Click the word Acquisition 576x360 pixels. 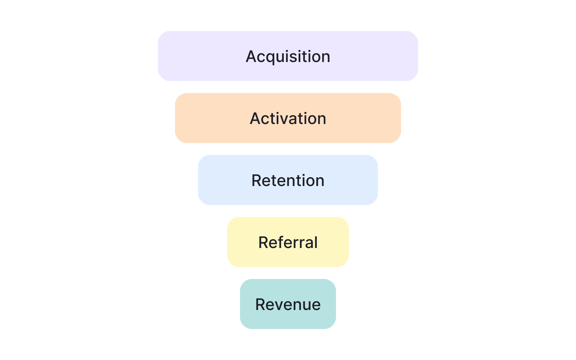coord(288,56)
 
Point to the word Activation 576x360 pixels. coord(288,118)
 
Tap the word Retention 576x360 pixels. coord(288,180)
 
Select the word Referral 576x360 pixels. coord(288,242)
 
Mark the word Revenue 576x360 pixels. coord(288,304)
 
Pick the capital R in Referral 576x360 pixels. coord(264,242)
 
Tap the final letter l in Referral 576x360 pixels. coord(316,242)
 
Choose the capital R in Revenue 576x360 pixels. coord(261,304)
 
